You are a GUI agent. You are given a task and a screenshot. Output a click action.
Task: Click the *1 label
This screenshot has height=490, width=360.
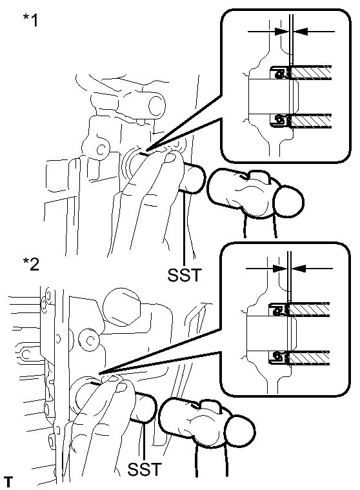(30, 20)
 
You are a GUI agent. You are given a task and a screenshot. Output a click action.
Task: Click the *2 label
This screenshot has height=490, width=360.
(31, 264)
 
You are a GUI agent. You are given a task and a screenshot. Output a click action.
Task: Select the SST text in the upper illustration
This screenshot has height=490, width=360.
(185, 275)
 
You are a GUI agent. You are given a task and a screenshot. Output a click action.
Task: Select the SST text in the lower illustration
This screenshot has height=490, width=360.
(145, 469)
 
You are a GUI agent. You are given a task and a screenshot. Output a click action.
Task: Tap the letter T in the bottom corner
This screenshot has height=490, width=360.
(9, 482)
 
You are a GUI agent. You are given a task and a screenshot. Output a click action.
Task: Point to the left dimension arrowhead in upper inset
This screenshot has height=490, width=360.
(282, 31)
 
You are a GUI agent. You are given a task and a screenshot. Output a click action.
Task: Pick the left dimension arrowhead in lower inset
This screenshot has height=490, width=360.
(280, 268)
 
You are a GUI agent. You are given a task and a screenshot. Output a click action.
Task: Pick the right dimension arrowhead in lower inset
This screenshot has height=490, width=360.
(298, 268)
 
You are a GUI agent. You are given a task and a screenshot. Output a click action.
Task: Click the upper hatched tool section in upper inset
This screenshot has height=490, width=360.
(311, 72)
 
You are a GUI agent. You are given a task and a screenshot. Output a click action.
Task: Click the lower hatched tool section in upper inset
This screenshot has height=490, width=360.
(311, 121)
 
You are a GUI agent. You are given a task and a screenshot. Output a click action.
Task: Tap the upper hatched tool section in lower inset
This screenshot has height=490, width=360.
(309, 310)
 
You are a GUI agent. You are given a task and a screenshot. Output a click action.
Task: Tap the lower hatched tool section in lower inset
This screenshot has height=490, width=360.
(309, 358)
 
